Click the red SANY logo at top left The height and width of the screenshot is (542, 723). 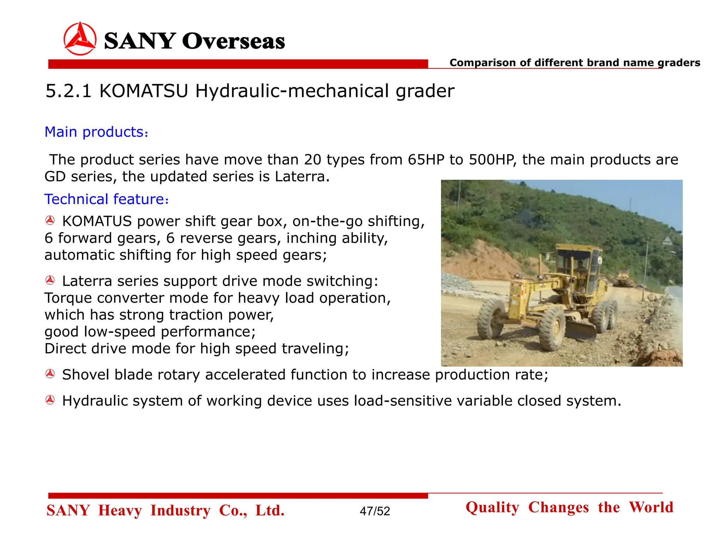80,39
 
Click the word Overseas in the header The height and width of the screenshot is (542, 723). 233,41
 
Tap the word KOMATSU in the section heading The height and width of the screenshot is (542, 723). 144,91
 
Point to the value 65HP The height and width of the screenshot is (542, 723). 426,160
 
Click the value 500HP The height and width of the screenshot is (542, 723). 491,160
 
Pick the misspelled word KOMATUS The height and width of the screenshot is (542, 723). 97,221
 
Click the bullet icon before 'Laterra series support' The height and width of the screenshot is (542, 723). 50,281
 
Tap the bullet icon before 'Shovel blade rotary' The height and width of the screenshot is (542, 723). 50,374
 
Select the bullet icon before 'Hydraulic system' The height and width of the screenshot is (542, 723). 50,400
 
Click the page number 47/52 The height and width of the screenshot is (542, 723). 375,511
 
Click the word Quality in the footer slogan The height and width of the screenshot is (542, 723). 492,507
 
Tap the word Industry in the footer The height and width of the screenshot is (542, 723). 180,511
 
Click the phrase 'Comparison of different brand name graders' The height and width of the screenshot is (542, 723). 575,63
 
